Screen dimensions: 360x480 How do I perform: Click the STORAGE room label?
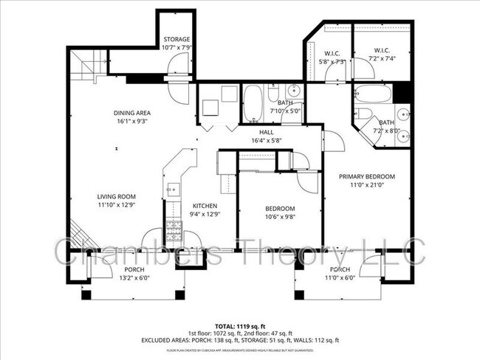pyautogui.click(x=176, y=39)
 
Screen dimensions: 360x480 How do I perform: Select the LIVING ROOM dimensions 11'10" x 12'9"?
pyautogui.click(x=116, y=205)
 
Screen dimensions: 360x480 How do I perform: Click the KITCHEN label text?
pyautogui.click(x=205, y=206)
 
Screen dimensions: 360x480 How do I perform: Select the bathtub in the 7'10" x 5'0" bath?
pyautogui.click(x=253, y=104)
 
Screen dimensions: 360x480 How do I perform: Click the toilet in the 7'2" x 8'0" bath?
pyautogui.click(x=363, y=114)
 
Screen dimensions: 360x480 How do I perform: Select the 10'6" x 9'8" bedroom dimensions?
pyautogui.click(x=280, y=217)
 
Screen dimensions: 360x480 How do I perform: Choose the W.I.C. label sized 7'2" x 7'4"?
pyautogui.click(x=382, y=58)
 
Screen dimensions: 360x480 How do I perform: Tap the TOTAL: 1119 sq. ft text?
pyautogui.click(x=240, y=325)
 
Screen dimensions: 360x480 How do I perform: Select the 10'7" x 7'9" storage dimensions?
pyautogui.click(x=176, y=47)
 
